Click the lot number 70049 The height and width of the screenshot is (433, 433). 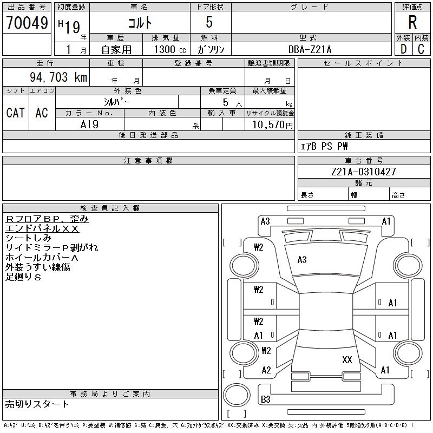coord(27,23)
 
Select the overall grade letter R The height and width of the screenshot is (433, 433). coord(412,22)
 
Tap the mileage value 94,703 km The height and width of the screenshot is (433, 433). coord(58,77)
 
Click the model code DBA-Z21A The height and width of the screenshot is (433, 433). coord(310,49)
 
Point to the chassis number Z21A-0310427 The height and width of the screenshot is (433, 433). coord(363,172)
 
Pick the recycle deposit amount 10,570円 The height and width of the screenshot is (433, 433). coord(272,125)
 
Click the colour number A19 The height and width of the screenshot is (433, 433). coord(89,124)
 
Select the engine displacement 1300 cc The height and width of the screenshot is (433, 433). coord(170,49)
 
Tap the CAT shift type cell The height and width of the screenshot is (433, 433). coord(16,113)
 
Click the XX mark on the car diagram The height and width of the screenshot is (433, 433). coord(347,359)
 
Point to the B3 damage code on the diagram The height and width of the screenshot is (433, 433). coord(265,399)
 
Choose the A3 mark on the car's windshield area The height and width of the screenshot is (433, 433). coord(302,260)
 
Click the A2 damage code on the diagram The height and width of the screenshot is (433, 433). coord(266,370)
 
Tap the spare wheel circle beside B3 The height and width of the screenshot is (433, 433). coord(237,395)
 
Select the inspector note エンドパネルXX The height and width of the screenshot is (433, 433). coord(42,228)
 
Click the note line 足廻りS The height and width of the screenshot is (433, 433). coord(23,277)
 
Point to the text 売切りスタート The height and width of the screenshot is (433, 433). coord(37,404)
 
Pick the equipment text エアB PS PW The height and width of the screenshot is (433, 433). coord(324,146)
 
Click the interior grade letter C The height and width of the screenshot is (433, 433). coord(421,49)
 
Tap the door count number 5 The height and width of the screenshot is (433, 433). coord(209,22)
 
